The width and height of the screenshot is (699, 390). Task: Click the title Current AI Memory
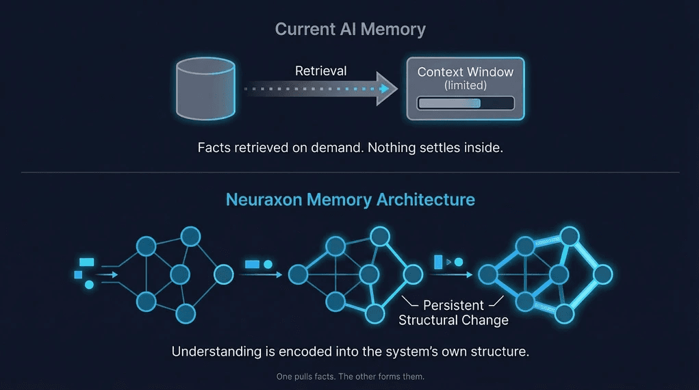pos(350,29)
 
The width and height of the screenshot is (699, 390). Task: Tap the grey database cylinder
pos(205,88)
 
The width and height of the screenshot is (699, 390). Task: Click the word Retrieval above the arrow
pos(320,70)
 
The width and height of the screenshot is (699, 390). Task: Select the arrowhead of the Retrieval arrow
pos(387,89)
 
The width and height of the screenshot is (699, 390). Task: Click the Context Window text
pos(466,72)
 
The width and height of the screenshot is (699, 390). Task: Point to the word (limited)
pos(466,86)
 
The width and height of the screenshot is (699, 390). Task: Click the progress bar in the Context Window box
pos(466,103)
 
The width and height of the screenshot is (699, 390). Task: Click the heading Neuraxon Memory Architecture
pos(351,200)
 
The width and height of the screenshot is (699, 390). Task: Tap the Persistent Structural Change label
pos(453,313)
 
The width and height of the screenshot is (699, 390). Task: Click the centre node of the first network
pos(179,275)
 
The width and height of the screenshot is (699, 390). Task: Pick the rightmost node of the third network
pos(602,275)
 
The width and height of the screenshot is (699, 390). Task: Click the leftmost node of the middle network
pos(297,275)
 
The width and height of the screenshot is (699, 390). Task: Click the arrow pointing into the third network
pos(455,275)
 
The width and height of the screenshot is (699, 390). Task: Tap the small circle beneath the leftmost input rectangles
pos(89,284)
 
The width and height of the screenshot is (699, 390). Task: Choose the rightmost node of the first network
pos(223,275)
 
